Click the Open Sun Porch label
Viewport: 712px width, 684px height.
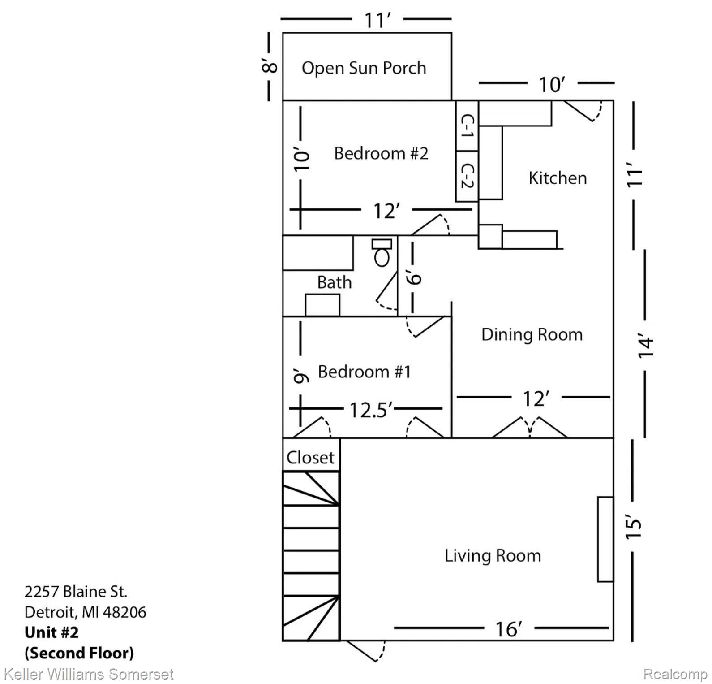coord(364,68)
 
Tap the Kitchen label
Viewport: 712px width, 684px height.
coord(558,178)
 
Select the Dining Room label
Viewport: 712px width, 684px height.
coord(532,335)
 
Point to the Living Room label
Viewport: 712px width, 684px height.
coord(493,556)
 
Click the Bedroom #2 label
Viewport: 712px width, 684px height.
coord(381,153)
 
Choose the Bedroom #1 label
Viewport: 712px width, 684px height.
coord(365,372)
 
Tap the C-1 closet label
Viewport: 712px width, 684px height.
coord(467,126)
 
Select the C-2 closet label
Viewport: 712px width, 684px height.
coord(467,176)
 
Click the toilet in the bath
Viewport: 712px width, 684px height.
coord(382,252)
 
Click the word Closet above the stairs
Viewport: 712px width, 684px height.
coord(310,458)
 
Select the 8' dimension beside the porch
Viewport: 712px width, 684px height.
coord(269,67)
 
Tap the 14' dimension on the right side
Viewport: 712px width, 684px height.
coord(646,345)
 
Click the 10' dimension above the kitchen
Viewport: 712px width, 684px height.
coord(552,85)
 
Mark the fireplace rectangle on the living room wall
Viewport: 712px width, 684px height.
coord(605,539)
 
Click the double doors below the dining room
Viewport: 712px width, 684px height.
coord(530,427)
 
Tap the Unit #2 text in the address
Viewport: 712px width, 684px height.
coord(51,632)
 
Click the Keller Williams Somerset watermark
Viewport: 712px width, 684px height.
coord(88,674)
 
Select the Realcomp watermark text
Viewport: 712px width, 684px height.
coord(675,674)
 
